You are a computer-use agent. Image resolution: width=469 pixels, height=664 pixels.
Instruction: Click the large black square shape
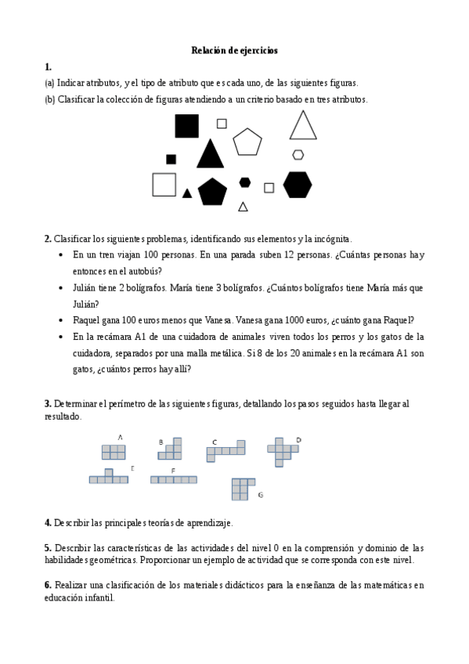click(186, 126)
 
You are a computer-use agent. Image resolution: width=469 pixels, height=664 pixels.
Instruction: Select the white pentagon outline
click(247, 142)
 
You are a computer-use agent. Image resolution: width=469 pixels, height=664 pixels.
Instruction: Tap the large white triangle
click(303, 126)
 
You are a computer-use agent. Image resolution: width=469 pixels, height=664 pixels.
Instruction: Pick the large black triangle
click(209, 154)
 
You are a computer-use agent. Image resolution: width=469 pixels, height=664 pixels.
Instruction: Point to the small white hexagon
click(298, 154)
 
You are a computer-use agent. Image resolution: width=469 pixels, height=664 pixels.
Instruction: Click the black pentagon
click(212, 192)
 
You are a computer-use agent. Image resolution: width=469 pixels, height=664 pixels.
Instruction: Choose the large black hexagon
click(298, 185)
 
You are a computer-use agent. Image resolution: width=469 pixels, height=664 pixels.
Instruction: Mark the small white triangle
click(243, 207)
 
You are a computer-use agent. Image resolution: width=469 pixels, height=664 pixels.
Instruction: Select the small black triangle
click(187, 193)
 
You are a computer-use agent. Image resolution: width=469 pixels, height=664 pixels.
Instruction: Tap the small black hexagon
click(245, 182)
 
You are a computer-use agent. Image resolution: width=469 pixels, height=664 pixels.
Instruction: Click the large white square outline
click(164, 184)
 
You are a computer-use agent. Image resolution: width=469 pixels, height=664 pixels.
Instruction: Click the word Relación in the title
click(208, 51)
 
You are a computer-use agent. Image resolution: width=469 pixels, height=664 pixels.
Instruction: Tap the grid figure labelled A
click(114, 452)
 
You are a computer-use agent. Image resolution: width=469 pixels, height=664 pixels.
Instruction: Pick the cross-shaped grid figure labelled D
click(282, 450)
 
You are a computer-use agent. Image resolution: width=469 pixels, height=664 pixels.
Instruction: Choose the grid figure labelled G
click(243, 488)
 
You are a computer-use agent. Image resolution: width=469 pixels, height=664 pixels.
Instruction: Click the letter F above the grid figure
click(172, 470)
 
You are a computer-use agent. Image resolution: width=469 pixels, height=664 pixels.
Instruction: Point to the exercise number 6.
click(48, 585)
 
